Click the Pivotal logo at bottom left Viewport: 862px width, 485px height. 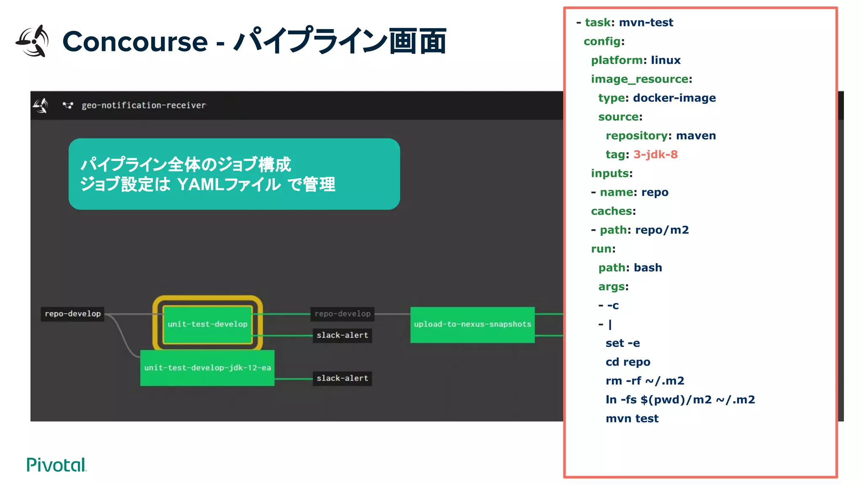tap(56, 465)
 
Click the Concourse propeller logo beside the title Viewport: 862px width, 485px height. tap(32, 41)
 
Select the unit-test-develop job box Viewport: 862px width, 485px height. tap(208, 324)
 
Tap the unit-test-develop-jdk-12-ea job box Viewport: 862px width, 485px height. tap(207, 368)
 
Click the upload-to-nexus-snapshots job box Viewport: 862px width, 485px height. tap(472, 324)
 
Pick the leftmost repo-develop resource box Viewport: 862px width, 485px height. tap(73, 314)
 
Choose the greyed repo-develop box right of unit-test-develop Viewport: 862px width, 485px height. tap(342, 314)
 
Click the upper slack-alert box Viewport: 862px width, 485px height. tap(342, 335)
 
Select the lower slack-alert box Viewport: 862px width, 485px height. tap(342, 378)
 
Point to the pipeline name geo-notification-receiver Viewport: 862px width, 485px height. tap(144, 105)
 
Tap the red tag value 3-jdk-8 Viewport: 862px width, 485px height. tap(655, 155)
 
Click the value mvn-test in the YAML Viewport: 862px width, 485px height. tap(646, 22)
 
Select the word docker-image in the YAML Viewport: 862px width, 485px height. tap(674, 98)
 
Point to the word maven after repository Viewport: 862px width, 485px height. tap(696, 136)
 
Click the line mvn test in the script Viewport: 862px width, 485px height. tap(632, 418)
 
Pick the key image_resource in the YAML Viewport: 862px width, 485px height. tap(639, 79)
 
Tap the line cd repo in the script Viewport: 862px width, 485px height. tap(628, 362)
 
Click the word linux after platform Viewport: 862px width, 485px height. tap(665, 60)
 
